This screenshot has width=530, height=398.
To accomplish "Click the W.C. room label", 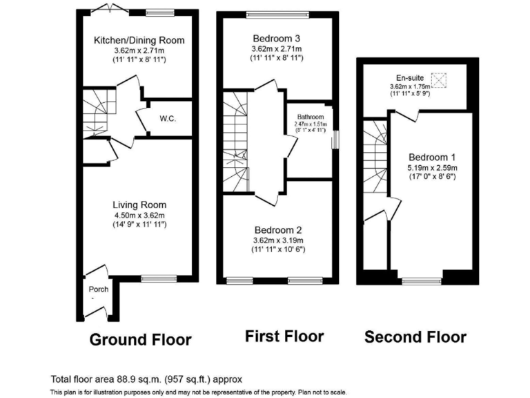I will pyautogui.click(x=168, y=119).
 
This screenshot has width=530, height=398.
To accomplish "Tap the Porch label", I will pyautogui.click(x=99, y=289).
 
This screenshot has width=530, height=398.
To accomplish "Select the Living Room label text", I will pyautogui.click(x=139, y=205).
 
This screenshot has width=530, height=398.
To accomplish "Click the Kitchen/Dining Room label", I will pyautogui.click(x=139, y=40).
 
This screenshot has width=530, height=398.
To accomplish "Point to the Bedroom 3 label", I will pyautogui.click(x=277, y=37).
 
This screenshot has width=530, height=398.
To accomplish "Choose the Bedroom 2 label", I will pyautogui.click(x=277, y=229).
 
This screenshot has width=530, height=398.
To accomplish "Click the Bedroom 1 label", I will pyautogui.click(x=431, y=155).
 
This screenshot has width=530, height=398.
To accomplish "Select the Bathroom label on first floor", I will pyautogui.click(x=310, y=117).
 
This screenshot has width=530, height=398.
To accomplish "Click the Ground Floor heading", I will pyautogui.click(x=140, y=339).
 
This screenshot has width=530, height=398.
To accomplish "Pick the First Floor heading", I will pyautogui.click(x=284, y=337).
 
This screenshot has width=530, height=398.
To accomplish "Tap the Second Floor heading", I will pyautogui.click(x=415, y=337).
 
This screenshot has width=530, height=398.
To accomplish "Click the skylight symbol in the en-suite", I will pyautogui.click(x=438, y=78).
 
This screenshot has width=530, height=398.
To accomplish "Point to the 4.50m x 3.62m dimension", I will pyautogui.click(x=139, y=215).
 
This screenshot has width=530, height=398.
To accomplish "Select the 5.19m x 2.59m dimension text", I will pyautogui.click(x=431, y=167).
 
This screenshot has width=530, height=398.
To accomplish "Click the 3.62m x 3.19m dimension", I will pyautogui.click(x=277, y=240).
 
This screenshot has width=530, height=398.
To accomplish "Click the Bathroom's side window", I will pyautogui.click(x=334, y=139).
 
